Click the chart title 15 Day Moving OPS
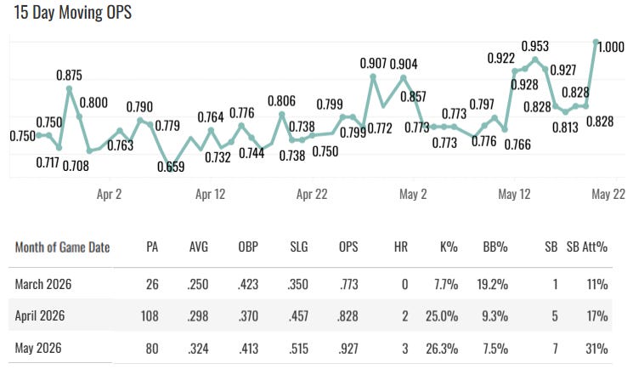pos(73,12)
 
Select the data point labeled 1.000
pos(596,42)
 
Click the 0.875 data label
pos(69,75)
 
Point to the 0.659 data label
pos(171,167)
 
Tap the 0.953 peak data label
pos(535,46)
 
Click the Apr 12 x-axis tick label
pos(211,195)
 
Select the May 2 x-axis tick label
pos(413,195)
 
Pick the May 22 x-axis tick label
pos(608,195)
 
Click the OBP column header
pos(248,247)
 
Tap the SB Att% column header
pos(587,247)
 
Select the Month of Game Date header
pos(63,247)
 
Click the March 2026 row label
pos(43,284)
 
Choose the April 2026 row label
pos(40,315)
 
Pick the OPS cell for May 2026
pos(348,349)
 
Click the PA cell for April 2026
pos(150,315)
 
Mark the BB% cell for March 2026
pos(493,284)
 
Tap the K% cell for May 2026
pos(442,349)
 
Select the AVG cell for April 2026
pos(198,315)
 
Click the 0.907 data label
pos(373,64)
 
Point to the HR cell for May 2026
pos(405,349)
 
